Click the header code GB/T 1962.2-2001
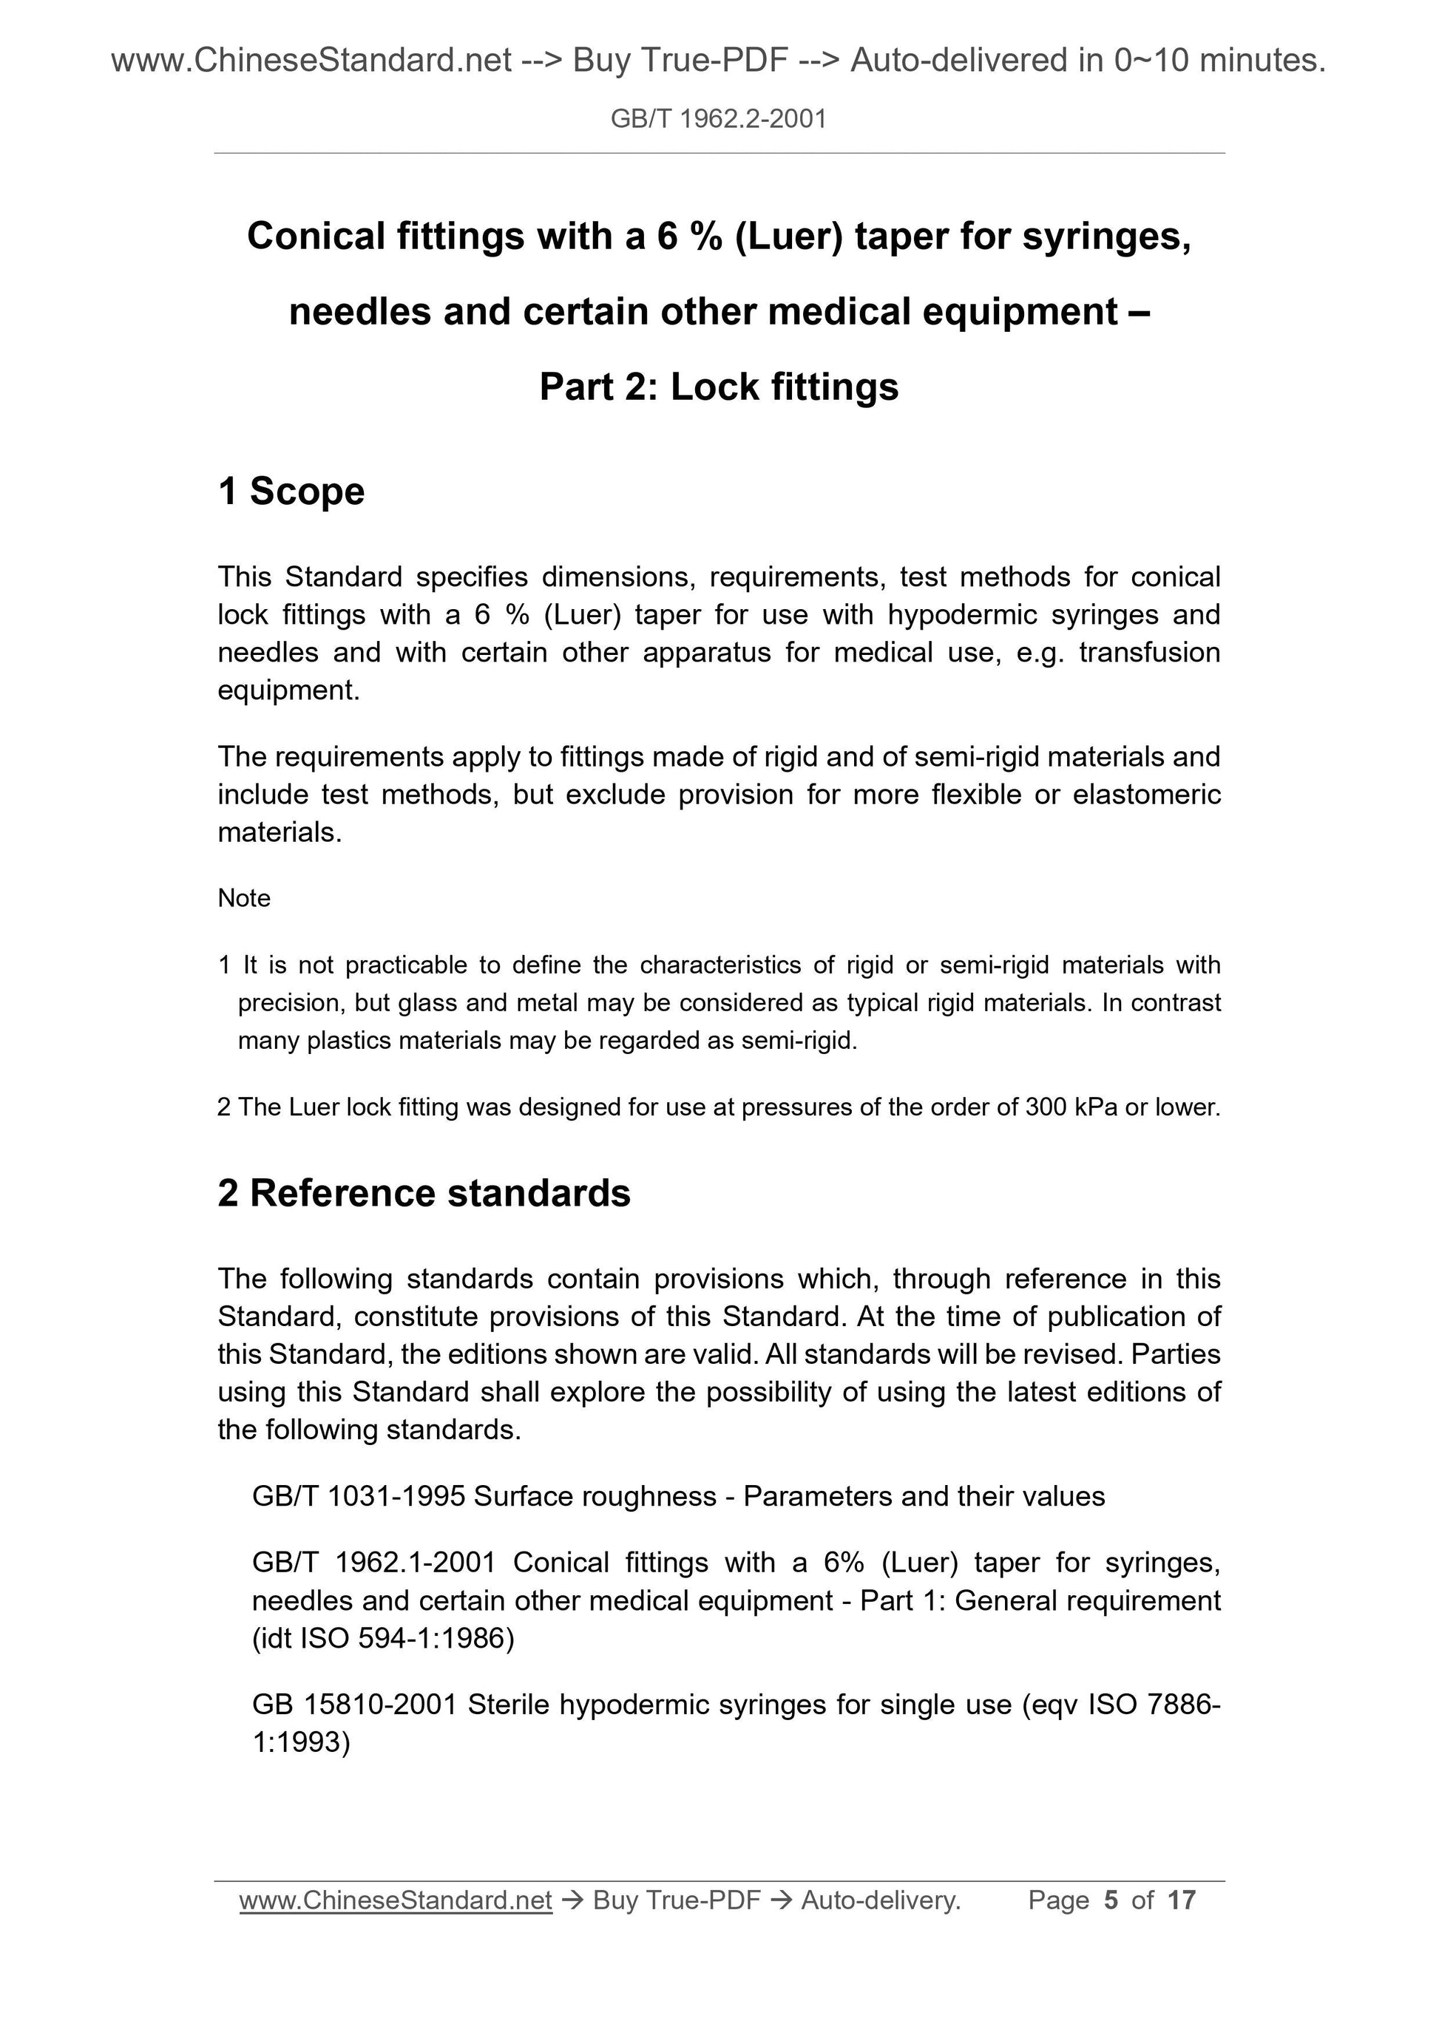[718, 119]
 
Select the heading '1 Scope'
[291, 491]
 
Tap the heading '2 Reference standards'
[424, 1193]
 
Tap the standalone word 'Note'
[244, 898]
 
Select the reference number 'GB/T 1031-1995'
[358, 1496]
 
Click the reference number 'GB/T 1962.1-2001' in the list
[373, 1562]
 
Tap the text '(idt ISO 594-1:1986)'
[383, 1638]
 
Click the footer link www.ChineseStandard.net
[396, 1900]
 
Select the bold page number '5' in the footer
[1110, 1900]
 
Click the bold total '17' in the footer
[1182, 1900]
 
